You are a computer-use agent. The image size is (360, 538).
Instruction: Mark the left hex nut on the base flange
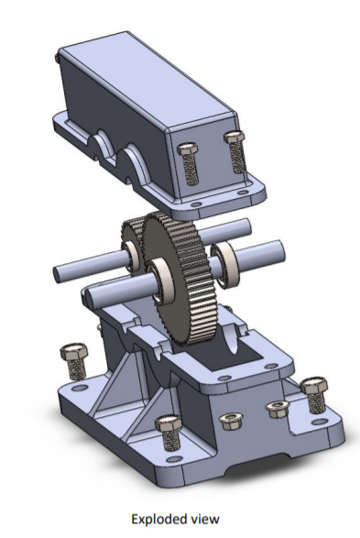point(229,422)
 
